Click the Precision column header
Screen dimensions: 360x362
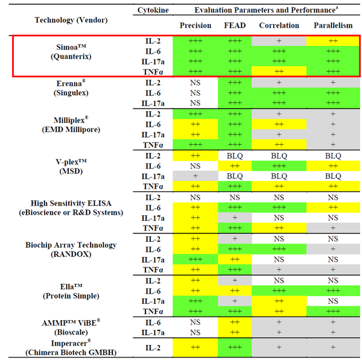click(195, 25)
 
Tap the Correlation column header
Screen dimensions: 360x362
click(279, 25)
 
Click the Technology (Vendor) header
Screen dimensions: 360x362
click(71, 19)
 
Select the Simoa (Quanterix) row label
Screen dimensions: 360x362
click(71, 51)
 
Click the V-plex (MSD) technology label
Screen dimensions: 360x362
click(71, 166)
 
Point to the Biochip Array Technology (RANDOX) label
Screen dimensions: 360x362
click(71, 250)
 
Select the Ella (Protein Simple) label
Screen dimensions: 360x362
click(71, 291)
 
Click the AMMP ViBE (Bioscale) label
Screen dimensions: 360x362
click(71, 326)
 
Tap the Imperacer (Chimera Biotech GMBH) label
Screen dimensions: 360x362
click(71, 347)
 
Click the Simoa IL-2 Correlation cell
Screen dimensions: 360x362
click(279, 41)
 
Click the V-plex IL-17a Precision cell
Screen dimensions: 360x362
click(195, 176)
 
